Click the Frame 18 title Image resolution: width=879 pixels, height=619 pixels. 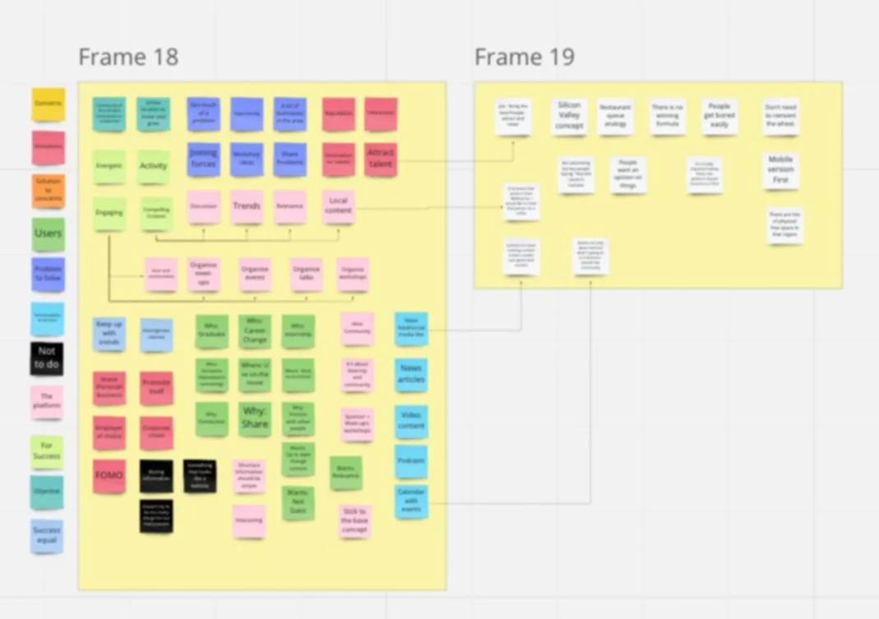click(x=128, y=58)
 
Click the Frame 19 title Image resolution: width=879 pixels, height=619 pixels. click(x=524, y=58)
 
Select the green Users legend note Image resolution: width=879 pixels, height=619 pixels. click(x=48, y=234)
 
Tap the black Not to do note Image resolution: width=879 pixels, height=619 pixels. click(x=47, y=358)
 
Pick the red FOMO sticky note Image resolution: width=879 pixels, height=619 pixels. click(x=109, y=476)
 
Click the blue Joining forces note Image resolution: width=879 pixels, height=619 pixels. click(x=203, y=159)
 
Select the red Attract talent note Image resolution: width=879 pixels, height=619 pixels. click(x=381, y=159)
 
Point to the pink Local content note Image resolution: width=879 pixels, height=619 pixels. click(x=339, y=206)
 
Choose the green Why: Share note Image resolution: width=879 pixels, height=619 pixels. click(x=255, y=418)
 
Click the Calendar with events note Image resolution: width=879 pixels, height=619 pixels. click(x=411, y=501)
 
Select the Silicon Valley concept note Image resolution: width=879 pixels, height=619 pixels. click(x=569, y=117)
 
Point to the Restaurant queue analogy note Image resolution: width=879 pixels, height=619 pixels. click(x=615, y=117)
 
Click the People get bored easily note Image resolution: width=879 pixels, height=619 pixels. click(x=719, y=117)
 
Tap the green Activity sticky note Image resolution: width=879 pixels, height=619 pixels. click(x=153, y=166)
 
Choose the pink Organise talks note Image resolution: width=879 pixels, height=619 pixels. click(x=306, y=274)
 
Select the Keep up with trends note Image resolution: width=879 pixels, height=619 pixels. click(x=109, y=334)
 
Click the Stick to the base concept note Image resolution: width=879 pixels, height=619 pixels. click(x=354, y=521)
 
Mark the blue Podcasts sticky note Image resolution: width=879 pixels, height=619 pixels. click(x=411, y=461)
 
